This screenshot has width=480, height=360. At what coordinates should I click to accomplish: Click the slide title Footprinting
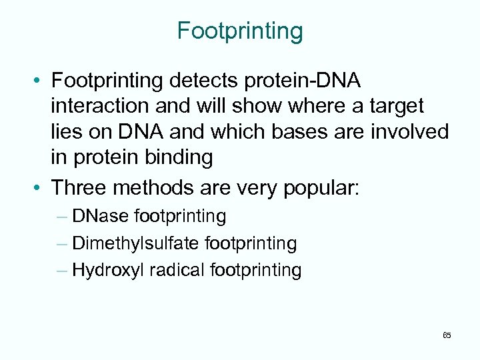240,31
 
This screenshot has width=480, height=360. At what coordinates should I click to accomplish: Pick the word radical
177,270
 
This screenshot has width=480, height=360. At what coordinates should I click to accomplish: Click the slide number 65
446,335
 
